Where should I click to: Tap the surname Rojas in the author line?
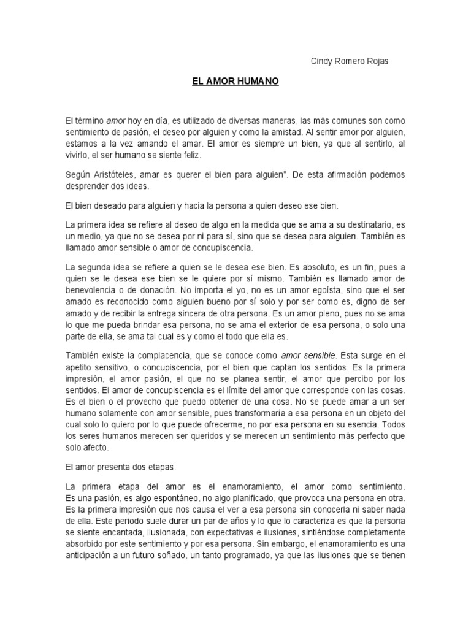pos(377,61)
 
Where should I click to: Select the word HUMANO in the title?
pos(258,81)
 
